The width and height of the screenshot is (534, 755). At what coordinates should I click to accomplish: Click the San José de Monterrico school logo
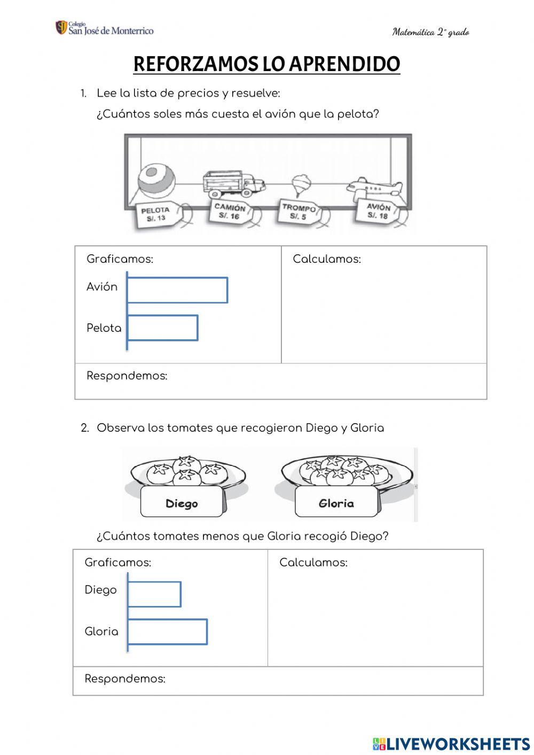[104, 28]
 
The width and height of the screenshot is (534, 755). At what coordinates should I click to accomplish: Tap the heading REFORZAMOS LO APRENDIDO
[266, 64]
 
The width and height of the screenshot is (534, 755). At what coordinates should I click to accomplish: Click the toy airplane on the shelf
[374, 187]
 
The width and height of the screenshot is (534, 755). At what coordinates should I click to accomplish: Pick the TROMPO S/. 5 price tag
[299, 212]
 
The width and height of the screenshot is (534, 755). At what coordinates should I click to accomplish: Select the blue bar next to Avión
[177, 290]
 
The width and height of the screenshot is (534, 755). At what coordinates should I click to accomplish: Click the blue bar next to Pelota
[162, 328]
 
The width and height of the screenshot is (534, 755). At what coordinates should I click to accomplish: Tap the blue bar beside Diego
[154, 594]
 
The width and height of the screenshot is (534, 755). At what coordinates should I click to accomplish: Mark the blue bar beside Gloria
[167, 632]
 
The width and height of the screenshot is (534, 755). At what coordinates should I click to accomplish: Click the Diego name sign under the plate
[182, 503]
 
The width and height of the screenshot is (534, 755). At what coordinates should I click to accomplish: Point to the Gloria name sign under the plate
[336, 503]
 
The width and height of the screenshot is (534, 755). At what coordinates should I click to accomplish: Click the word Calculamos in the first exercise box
[327, 260]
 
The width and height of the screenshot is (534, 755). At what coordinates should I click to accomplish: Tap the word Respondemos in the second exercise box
[125, 679]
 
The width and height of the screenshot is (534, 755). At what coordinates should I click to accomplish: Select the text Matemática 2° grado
[430, 32]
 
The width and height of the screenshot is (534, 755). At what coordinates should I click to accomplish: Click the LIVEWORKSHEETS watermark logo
[451, 743]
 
